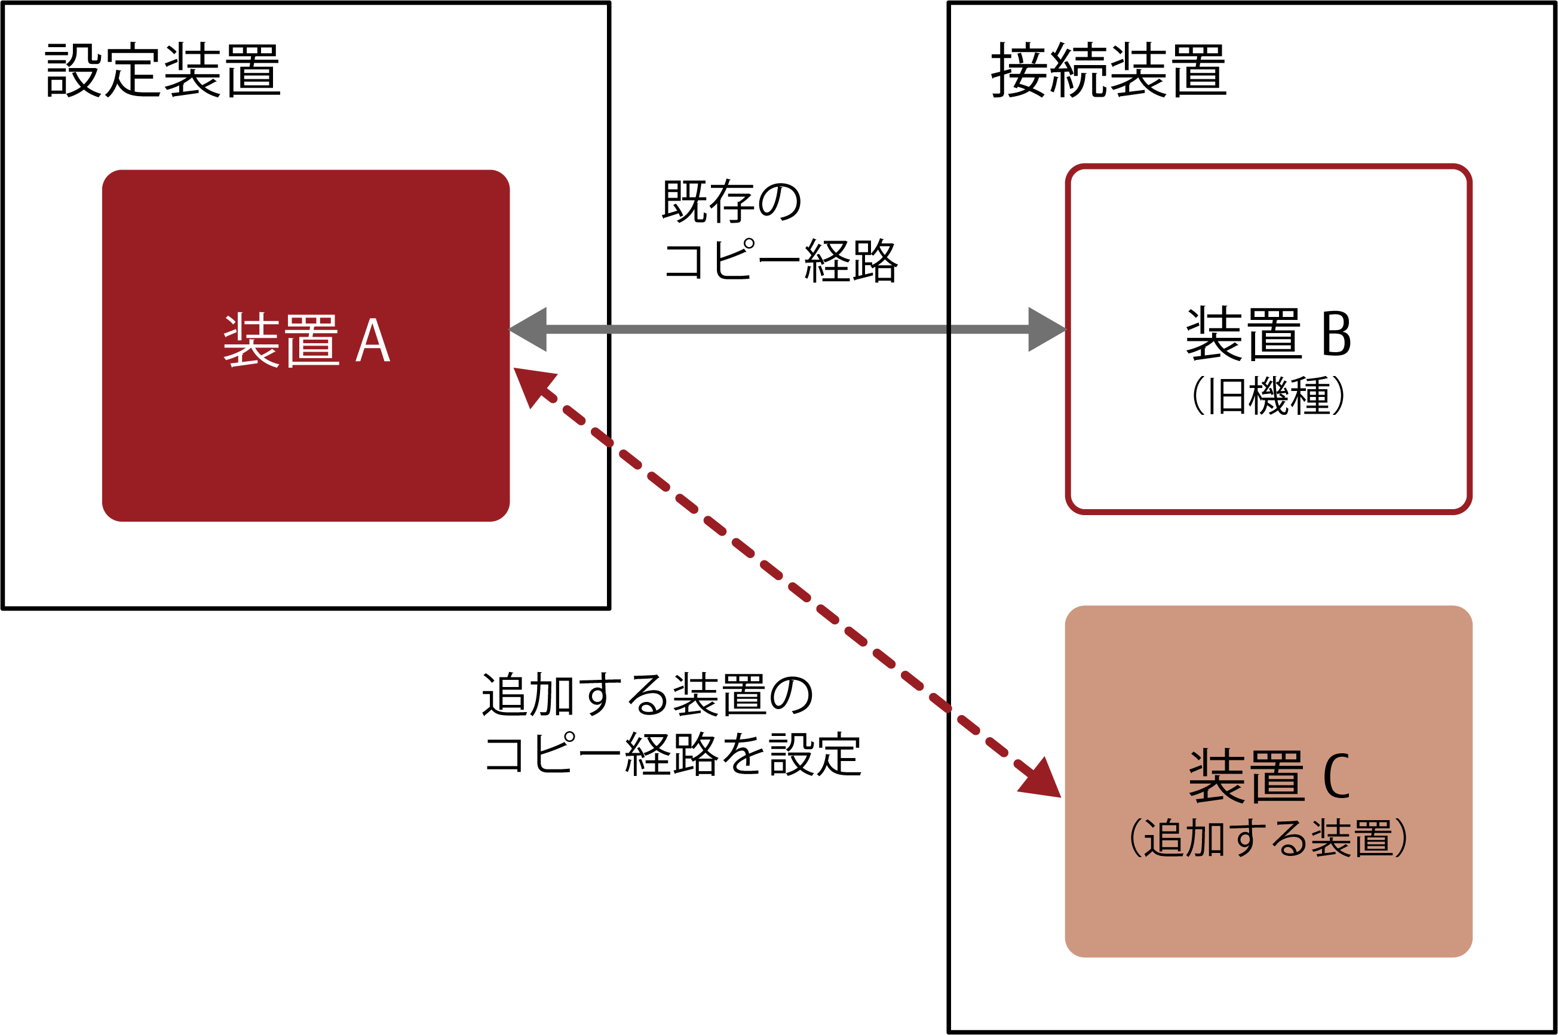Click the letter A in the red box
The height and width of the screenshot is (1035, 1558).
[373, 341]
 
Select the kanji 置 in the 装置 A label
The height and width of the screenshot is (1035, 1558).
[313, 341]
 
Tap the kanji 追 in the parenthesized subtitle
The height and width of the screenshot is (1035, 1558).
[1164, 838]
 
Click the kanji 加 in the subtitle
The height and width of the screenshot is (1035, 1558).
[1206, 838]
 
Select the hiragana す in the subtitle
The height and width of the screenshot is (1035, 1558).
[1247, 838]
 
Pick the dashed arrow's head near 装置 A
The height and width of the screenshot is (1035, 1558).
[531, 385]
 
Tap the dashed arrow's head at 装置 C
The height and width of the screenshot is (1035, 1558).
[1042, 781]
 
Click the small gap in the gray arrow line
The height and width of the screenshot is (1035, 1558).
[949, 329]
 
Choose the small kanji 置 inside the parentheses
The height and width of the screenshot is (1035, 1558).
[1373, 838]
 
